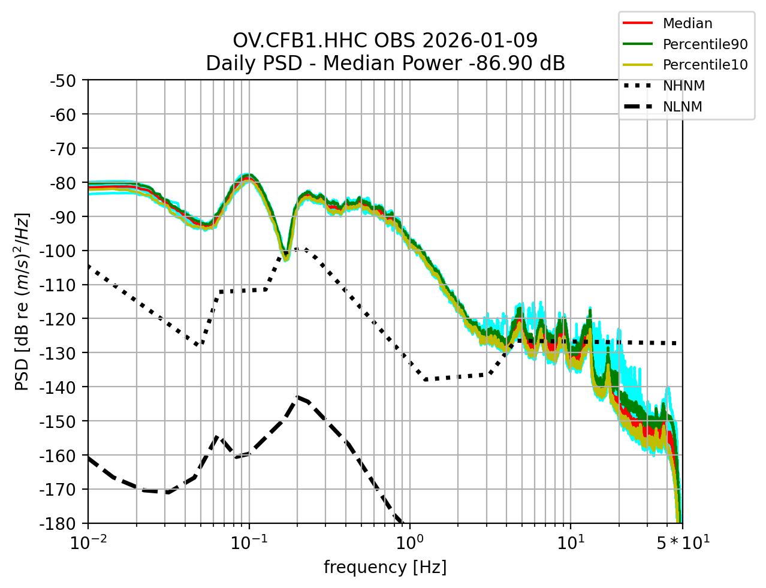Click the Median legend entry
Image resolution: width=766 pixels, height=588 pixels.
[x=687, y=24]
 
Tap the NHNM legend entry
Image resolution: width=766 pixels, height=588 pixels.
[x=683, y=86]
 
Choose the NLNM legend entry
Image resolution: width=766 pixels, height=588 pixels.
[x=682, y=107]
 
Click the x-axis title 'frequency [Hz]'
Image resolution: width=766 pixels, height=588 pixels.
[x=385, y=567]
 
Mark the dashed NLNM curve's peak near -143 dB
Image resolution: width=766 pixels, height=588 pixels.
[x=297, y=397]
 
